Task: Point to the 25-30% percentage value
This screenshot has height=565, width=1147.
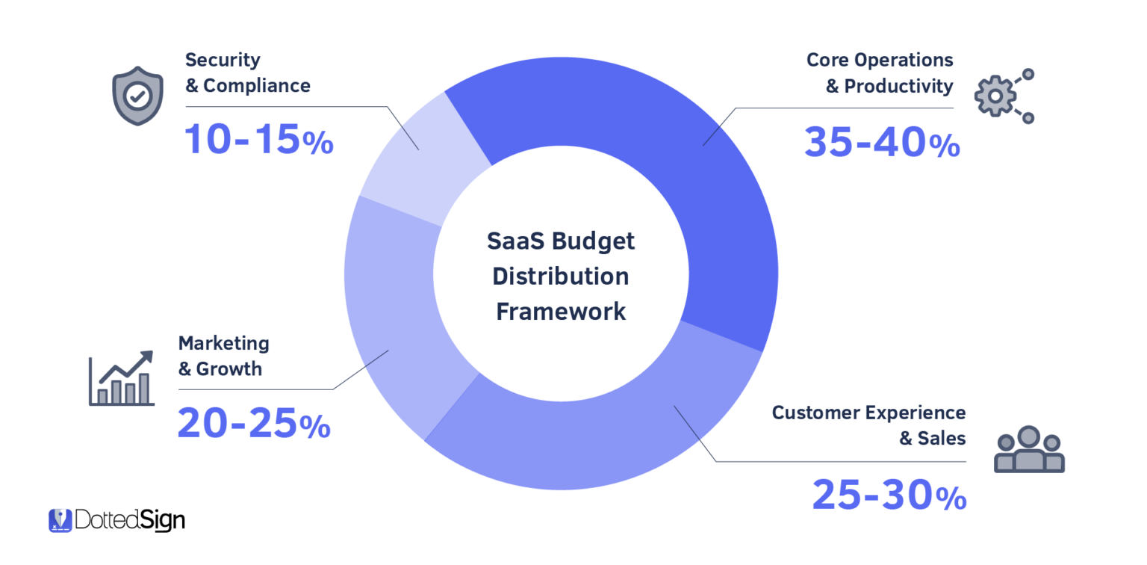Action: click(889, 494)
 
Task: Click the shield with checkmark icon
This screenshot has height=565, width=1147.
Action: click(137, 98)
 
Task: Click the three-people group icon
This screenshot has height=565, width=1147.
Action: click(1028, 450)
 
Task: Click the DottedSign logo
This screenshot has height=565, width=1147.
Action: click(116, 520)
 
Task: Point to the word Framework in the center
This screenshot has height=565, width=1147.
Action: click(561, 311)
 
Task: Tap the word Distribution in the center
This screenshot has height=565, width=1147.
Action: click(561, 276)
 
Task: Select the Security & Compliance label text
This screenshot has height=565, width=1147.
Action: click(247, 72)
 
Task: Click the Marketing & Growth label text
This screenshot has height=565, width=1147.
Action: click(223, 356)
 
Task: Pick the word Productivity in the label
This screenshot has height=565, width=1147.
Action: click(898, 86)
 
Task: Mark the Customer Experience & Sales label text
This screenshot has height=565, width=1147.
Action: click(868, 425)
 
